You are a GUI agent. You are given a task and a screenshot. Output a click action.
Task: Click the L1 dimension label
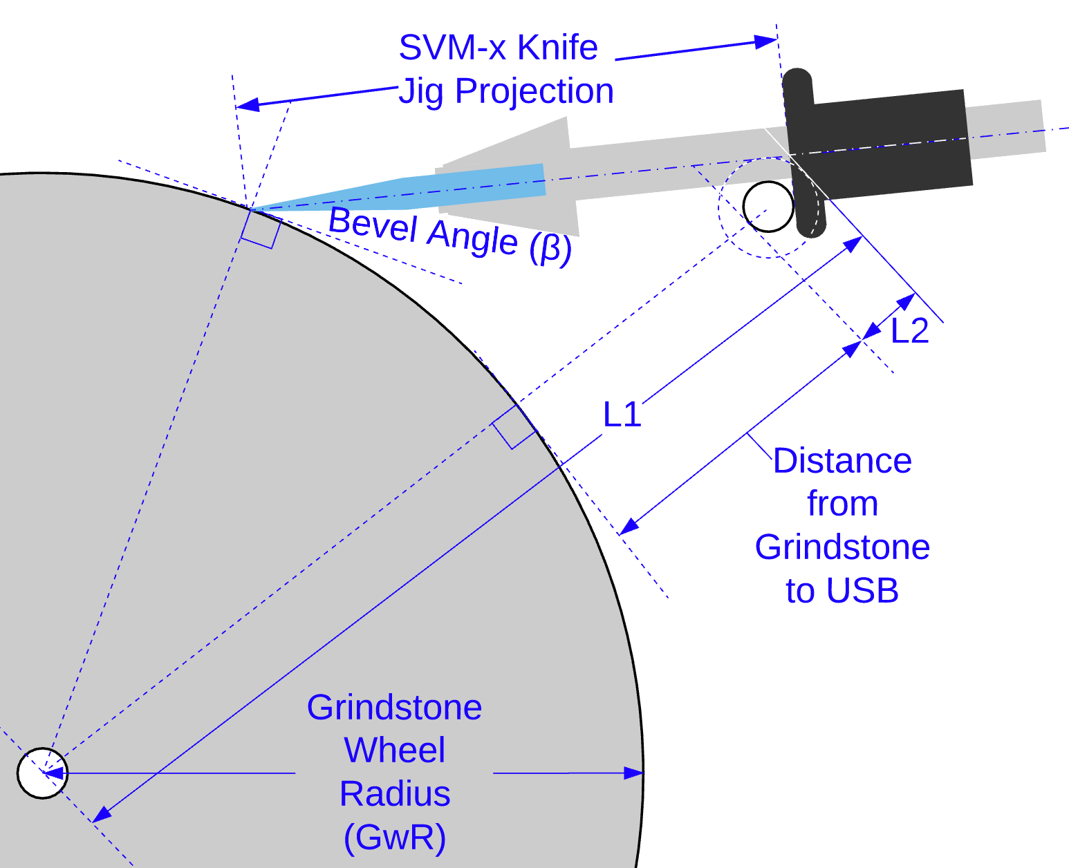622,415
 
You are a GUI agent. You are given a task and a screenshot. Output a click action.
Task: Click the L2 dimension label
909,331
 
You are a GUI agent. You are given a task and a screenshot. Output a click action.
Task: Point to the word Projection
534,91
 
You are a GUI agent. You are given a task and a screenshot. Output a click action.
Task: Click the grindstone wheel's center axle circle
42,773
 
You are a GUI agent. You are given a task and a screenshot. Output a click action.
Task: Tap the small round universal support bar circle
768,207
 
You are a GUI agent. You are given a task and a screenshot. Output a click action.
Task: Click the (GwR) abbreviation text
394,837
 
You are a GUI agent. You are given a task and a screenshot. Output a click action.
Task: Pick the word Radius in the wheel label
395,793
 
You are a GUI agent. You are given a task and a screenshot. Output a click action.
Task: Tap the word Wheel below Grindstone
395,751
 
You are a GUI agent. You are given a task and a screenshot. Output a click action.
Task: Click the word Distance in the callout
842,461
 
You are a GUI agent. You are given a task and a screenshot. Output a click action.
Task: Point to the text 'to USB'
842,591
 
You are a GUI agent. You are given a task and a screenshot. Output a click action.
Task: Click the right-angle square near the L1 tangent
514,427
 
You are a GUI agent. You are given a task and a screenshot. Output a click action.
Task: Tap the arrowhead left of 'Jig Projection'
248,105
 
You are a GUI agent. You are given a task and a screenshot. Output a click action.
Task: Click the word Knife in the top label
557,48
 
